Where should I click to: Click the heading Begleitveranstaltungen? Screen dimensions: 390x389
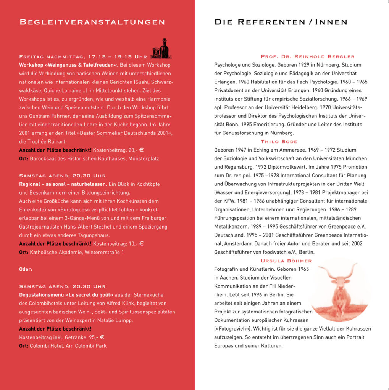(x=92, y=22)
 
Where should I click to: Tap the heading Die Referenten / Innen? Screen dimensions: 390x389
(x=281, y=22)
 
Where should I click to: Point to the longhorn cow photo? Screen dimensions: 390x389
(x=339, y=289)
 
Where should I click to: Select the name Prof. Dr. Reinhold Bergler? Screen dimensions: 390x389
(x=307, y=56)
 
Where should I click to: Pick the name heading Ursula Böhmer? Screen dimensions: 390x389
(x=286, y=261)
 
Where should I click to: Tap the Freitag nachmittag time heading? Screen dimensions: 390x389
(x=83, y=57)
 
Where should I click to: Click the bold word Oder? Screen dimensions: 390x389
(x=26, y=269)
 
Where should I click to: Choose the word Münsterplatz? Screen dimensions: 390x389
(x=144, y=158)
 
